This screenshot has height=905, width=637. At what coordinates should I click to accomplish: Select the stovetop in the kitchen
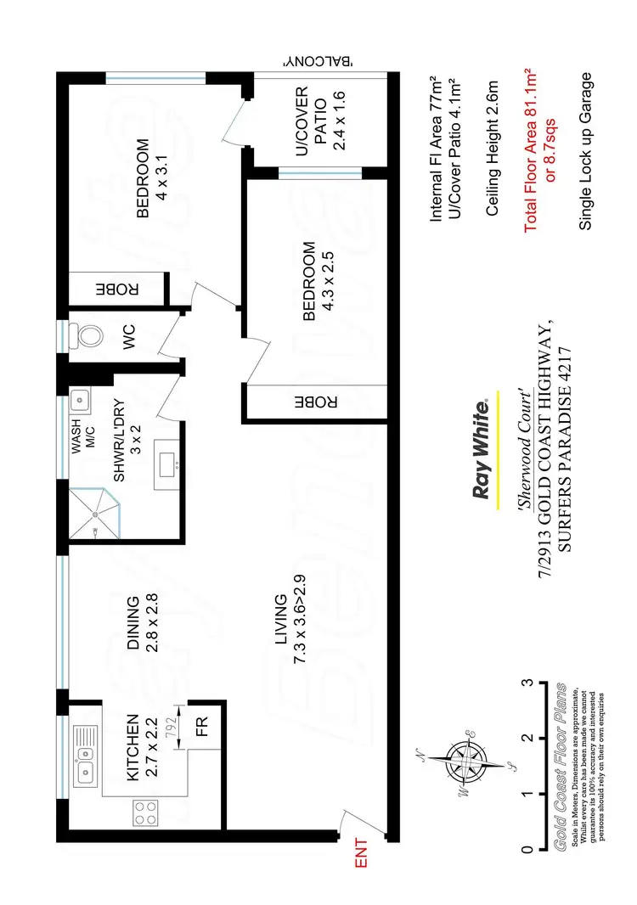pos(145,813)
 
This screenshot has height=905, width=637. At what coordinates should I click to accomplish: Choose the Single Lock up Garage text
pos(585,151)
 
